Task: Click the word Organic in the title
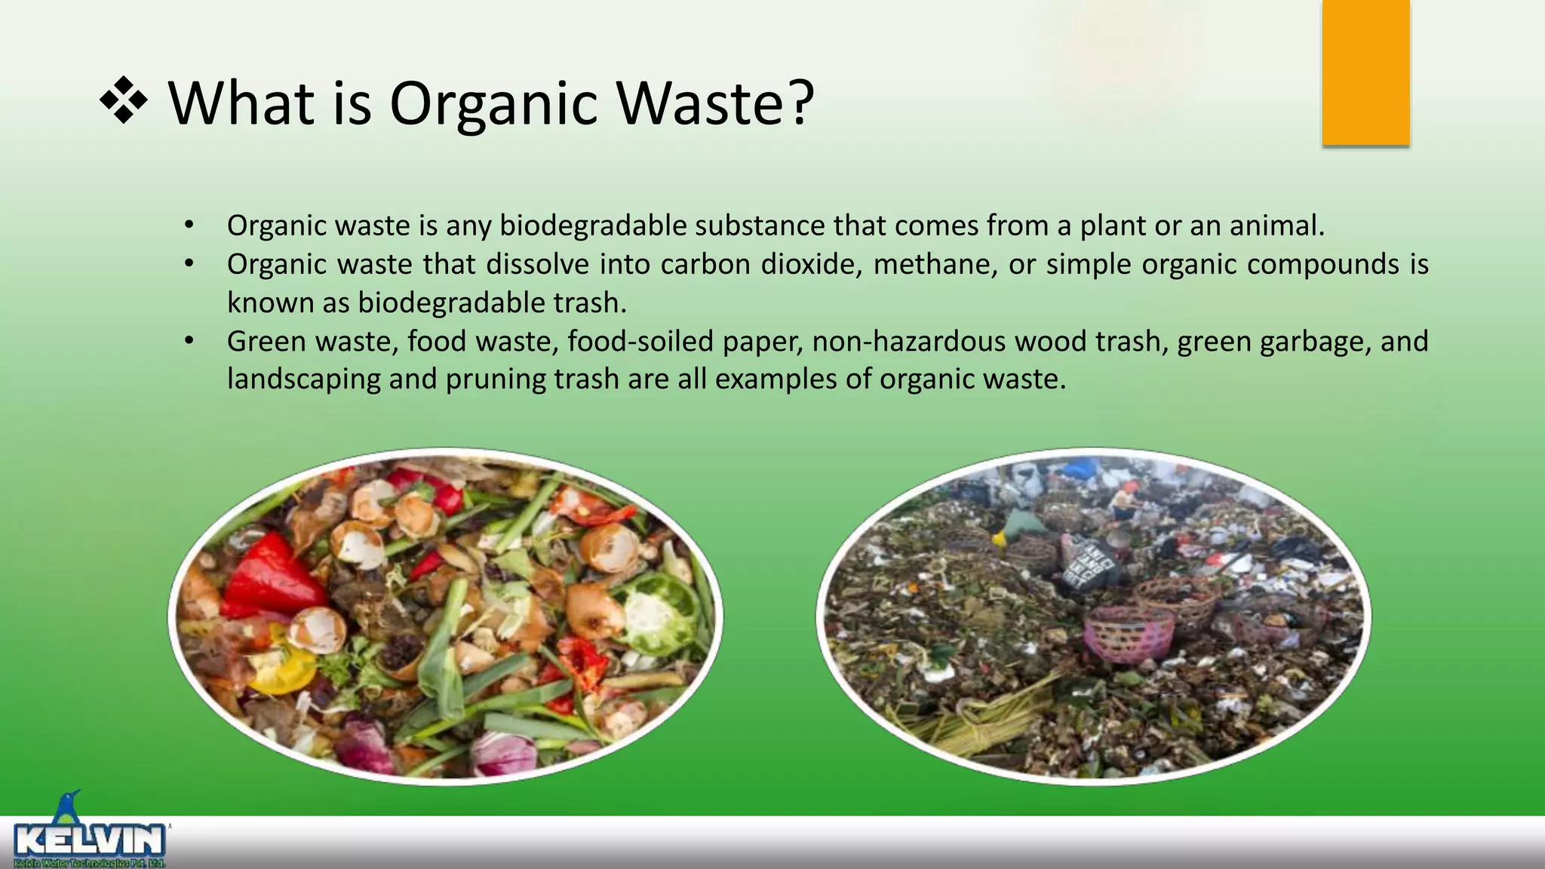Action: click(493, 104)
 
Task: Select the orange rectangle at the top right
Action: click(1365, 72)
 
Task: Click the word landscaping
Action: click(304, 379)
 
